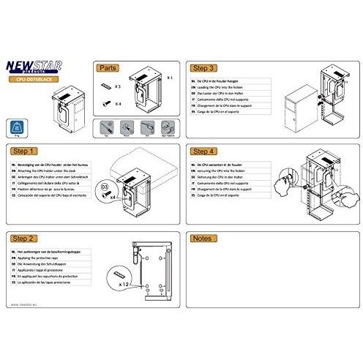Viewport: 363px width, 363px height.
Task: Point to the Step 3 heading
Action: click(x=204, y=67)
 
